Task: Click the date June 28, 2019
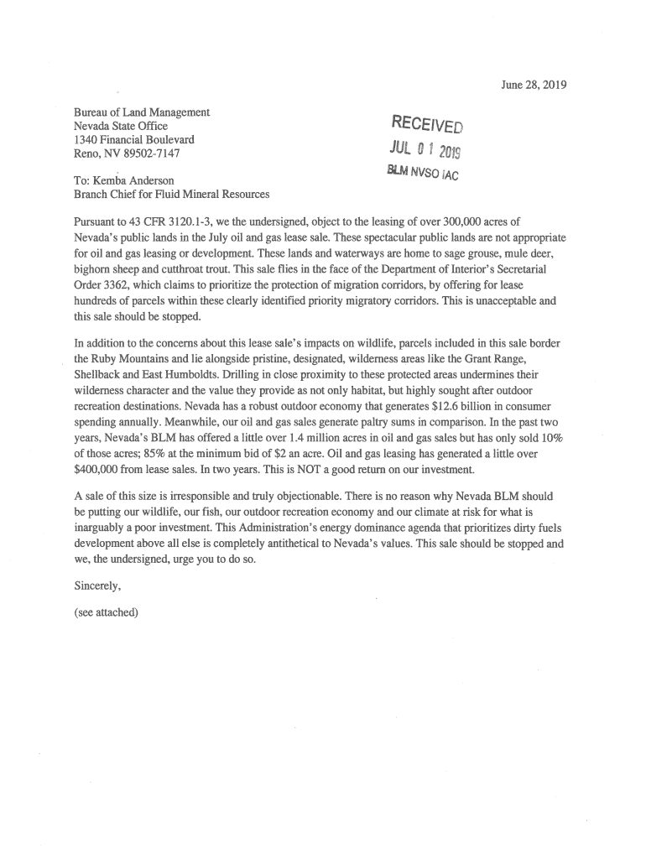coord(534,85)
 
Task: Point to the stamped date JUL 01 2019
coord(425,151)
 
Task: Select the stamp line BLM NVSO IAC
coord(422,174)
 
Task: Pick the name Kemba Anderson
coord(133,180)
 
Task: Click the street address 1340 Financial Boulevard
coord(134,139)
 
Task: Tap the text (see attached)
coord(107,612)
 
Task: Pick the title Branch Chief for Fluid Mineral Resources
coord(172,195)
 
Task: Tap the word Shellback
coord(99,374)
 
